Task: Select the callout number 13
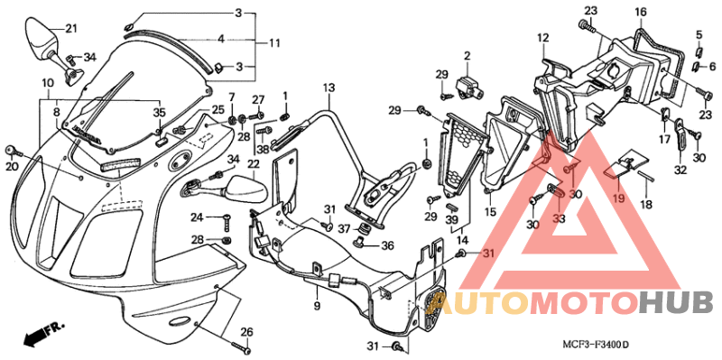tap(329, 87)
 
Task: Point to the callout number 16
tap(640, 12)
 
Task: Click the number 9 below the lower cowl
tap(317, 307)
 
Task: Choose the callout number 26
tap(246, 330)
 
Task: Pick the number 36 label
tap(386, 245)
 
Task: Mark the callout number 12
tap(543, 38)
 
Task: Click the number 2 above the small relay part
tap(468, 57)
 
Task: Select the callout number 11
tap(274, 42)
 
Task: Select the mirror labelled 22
tap(242, 190)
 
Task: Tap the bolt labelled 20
tap(11, 149)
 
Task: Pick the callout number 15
tap(491, 212)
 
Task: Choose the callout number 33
tap(559, 217)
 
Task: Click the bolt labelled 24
tap(225, 218)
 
